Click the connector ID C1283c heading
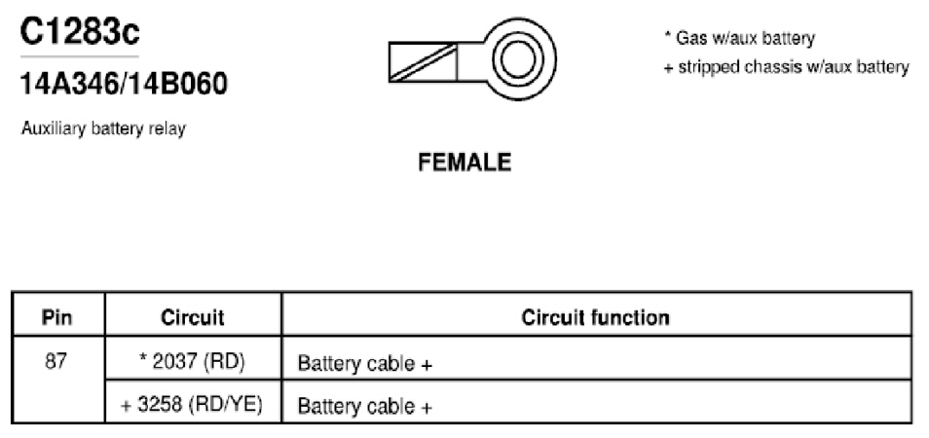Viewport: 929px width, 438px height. (80, 32)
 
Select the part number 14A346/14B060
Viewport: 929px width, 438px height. (124, 85)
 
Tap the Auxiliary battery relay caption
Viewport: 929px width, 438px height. (103, 128)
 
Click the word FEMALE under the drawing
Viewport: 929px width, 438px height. (464, 163)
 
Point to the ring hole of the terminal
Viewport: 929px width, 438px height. (517, 59)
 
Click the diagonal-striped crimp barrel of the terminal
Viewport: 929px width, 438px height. (423, 61)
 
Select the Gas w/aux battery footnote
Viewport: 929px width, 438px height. (739, 39)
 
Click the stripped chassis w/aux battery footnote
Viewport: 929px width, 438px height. (786, 67)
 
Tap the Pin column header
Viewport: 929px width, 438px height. (57, 317)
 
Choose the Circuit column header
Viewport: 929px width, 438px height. (193, 317)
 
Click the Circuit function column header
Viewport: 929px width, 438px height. (595, 317)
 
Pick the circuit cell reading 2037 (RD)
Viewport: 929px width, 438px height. (193, 363)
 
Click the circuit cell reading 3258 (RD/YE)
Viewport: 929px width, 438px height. (193, 406)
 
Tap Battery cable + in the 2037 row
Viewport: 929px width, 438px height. (365, 363)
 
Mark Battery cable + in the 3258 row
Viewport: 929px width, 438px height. (365, 407)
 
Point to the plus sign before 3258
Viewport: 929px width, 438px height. (127, 407)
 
